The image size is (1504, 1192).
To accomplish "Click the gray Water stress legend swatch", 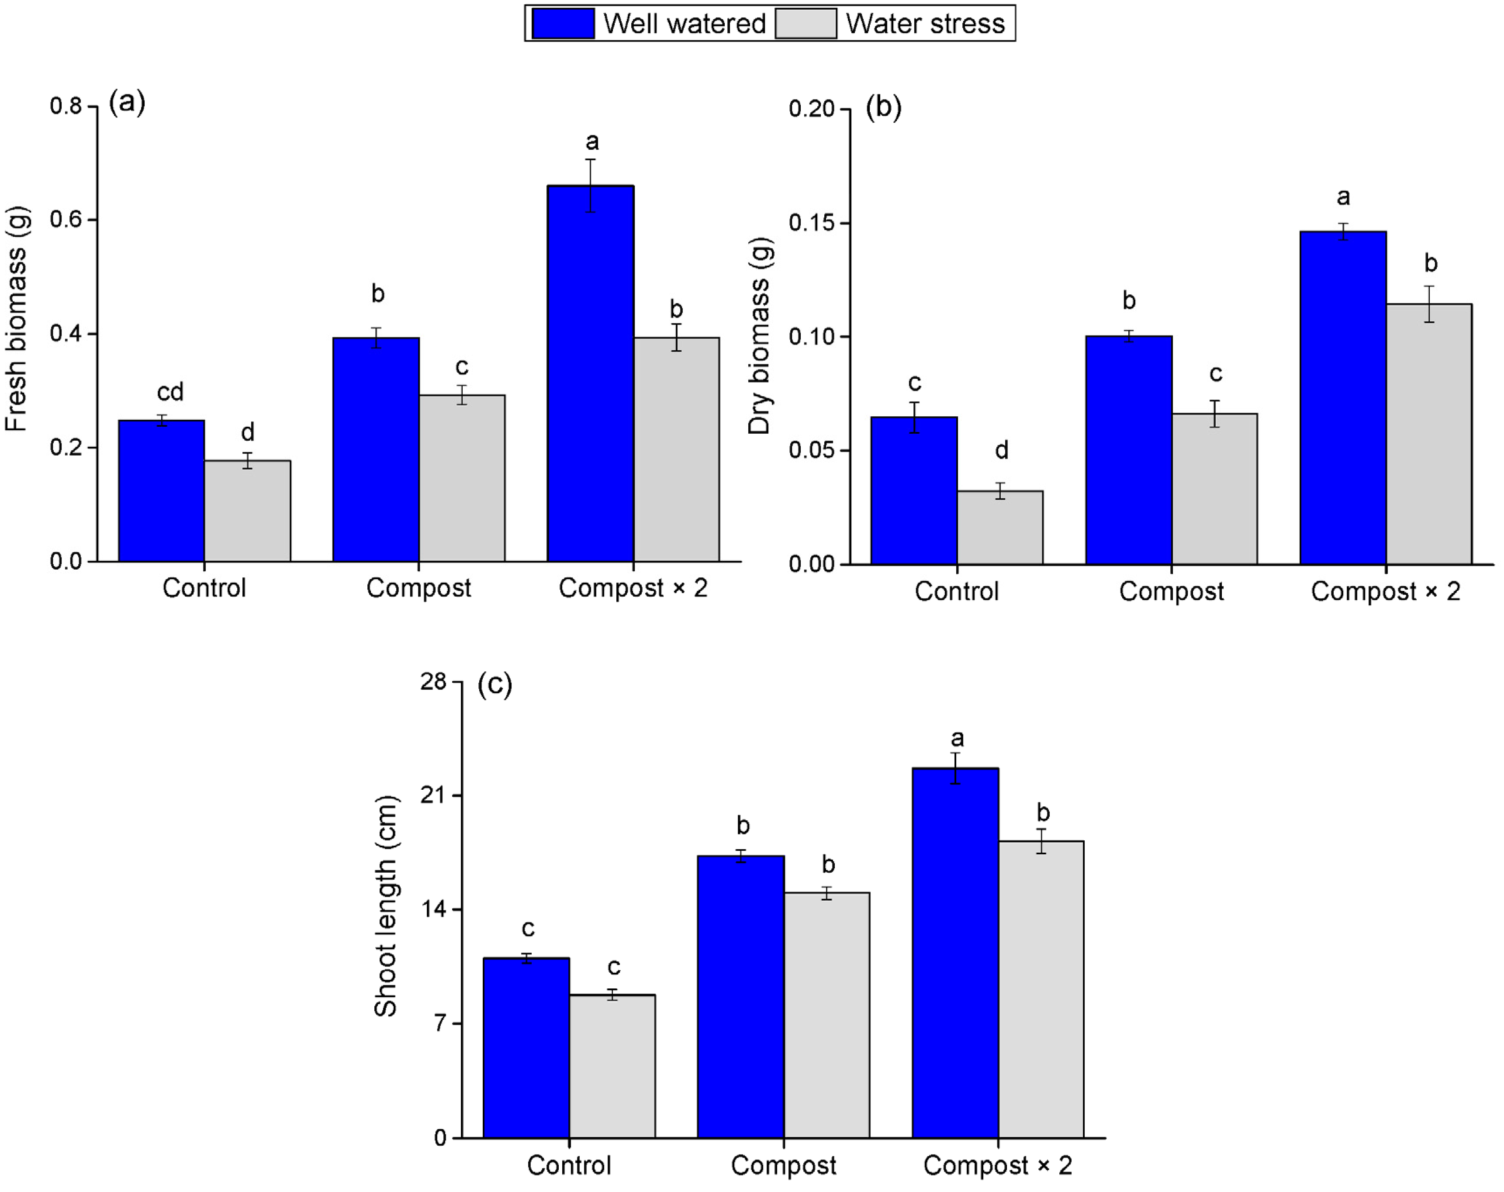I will [x=806, y=24].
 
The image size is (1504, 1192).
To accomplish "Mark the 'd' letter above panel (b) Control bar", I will [x=1001, y=451].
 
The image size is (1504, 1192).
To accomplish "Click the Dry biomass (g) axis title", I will [x=759, y=336].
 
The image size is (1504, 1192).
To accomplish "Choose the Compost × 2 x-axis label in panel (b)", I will [x=1385, y=591].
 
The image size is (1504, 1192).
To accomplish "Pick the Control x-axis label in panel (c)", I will [x=569, y=1165].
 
